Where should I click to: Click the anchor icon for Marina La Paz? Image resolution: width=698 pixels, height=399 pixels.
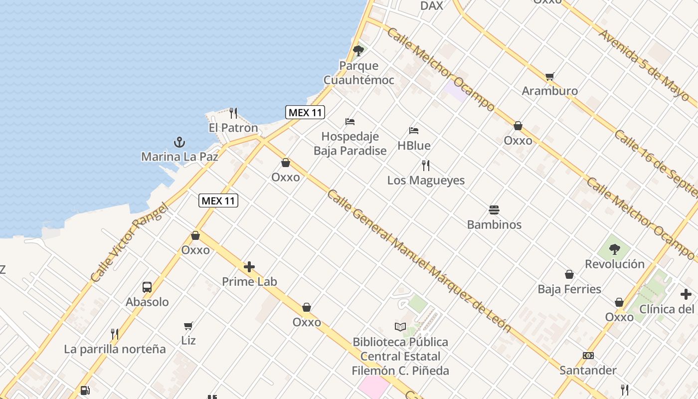point(179,143)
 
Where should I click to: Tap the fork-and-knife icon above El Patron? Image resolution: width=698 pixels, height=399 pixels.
point(233,113)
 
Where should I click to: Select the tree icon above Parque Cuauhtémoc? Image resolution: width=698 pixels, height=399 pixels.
point(358,50)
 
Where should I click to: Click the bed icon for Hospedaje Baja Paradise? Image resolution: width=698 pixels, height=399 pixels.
point(350,122)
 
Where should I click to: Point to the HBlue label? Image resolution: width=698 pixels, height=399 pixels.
point(414,146)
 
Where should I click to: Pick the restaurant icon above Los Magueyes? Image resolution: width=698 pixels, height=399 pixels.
point(426,166)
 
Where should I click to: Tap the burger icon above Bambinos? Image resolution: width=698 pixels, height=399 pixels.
point(494,210)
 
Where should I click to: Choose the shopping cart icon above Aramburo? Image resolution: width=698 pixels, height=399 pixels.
point(549,76)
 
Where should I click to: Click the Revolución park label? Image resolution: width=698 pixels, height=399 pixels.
point(615,264)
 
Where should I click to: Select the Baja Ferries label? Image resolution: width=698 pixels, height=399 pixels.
point(569,289)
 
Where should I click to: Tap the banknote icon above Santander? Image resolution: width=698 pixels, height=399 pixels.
point(588,356)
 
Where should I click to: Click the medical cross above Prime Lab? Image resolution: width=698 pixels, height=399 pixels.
point(249,267)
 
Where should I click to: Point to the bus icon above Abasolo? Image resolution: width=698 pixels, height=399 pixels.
point(147,287)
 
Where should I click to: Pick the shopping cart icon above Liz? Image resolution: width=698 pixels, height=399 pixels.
point(188,326)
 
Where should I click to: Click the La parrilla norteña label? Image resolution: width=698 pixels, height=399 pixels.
point(115,349)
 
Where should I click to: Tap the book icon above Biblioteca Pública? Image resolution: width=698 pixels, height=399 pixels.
point(400,327)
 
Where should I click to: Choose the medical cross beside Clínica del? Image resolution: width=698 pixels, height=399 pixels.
point(686,294)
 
